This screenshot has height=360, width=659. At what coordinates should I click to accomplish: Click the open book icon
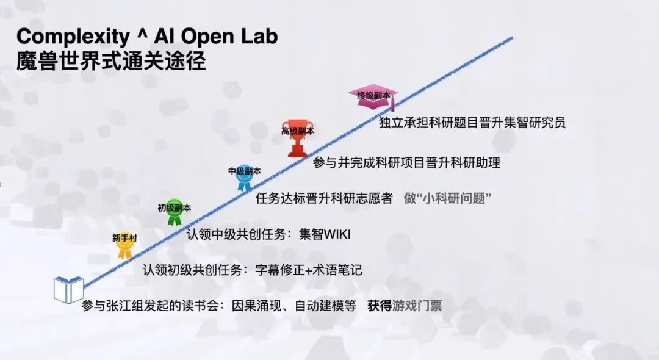click(x=68, y=289)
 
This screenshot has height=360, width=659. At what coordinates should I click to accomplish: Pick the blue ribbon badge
click(x=244, y=178)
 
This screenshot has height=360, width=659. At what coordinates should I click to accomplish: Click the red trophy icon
click(x=298, y=138)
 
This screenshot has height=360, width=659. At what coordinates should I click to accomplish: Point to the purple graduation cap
click(x=373, y=98)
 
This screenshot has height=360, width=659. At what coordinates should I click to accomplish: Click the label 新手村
click(x=124, y=238)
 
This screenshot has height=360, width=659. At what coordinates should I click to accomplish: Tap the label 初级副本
click(x=174, y=207)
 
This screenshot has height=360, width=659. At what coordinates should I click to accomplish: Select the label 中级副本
click(x=244, y=171)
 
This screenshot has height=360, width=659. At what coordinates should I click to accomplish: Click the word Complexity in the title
click(x=73, y=37)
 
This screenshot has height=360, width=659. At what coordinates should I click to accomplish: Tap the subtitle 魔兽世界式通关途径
click(x=112, y=62)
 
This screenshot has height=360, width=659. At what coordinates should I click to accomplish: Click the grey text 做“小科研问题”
click(x=448, y=198)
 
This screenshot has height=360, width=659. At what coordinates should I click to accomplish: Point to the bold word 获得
click(x=380, y=306)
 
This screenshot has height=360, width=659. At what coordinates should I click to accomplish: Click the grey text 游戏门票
click(x=417, y=306)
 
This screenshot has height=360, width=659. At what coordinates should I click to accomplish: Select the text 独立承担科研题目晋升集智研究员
click(x=472, y=122)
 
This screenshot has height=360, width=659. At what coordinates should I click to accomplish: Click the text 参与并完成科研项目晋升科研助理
click(x=406, y=162)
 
